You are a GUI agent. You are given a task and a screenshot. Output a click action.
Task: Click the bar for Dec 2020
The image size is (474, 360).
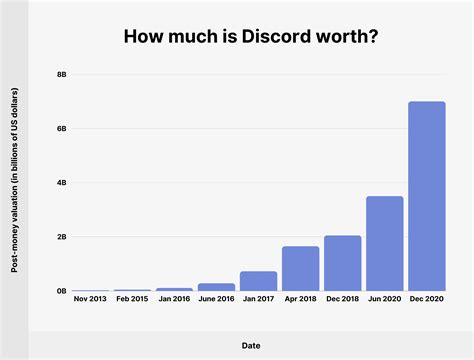click(426, 196)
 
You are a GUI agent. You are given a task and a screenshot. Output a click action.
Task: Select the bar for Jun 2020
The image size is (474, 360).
click(384, 243)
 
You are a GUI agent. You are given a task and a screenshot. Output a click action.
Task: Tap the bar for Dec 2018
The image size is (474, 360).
click(342, 263)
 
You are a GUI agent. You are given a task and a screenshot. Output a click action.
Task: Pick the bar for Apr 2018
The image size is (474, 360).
click(300, 268)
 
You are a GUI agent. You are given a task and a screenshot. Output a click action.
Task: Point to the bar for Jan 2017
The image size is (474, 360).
click(258, 281)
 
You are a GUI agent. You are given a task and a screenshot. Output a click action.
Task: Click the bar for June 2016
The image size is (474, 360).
click(216, 287)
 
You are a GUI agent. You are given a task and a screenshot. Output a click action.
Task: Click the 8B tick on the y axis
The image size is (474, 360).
click(61, 75)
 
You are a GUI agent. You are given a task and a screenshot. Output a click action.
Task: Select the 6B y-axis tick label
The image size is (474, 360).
click(61, 129)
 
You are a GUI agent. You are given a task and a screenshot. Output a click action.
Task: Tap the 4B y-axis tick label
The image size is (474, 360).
click(61, 183)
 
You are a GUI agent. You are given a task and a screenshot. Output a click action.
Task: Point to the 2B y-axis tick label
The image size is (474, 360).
click(61, 237)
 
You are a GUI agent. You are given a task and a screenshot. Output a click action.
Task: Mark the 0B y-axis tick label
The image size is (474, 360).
click(61, 291)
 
